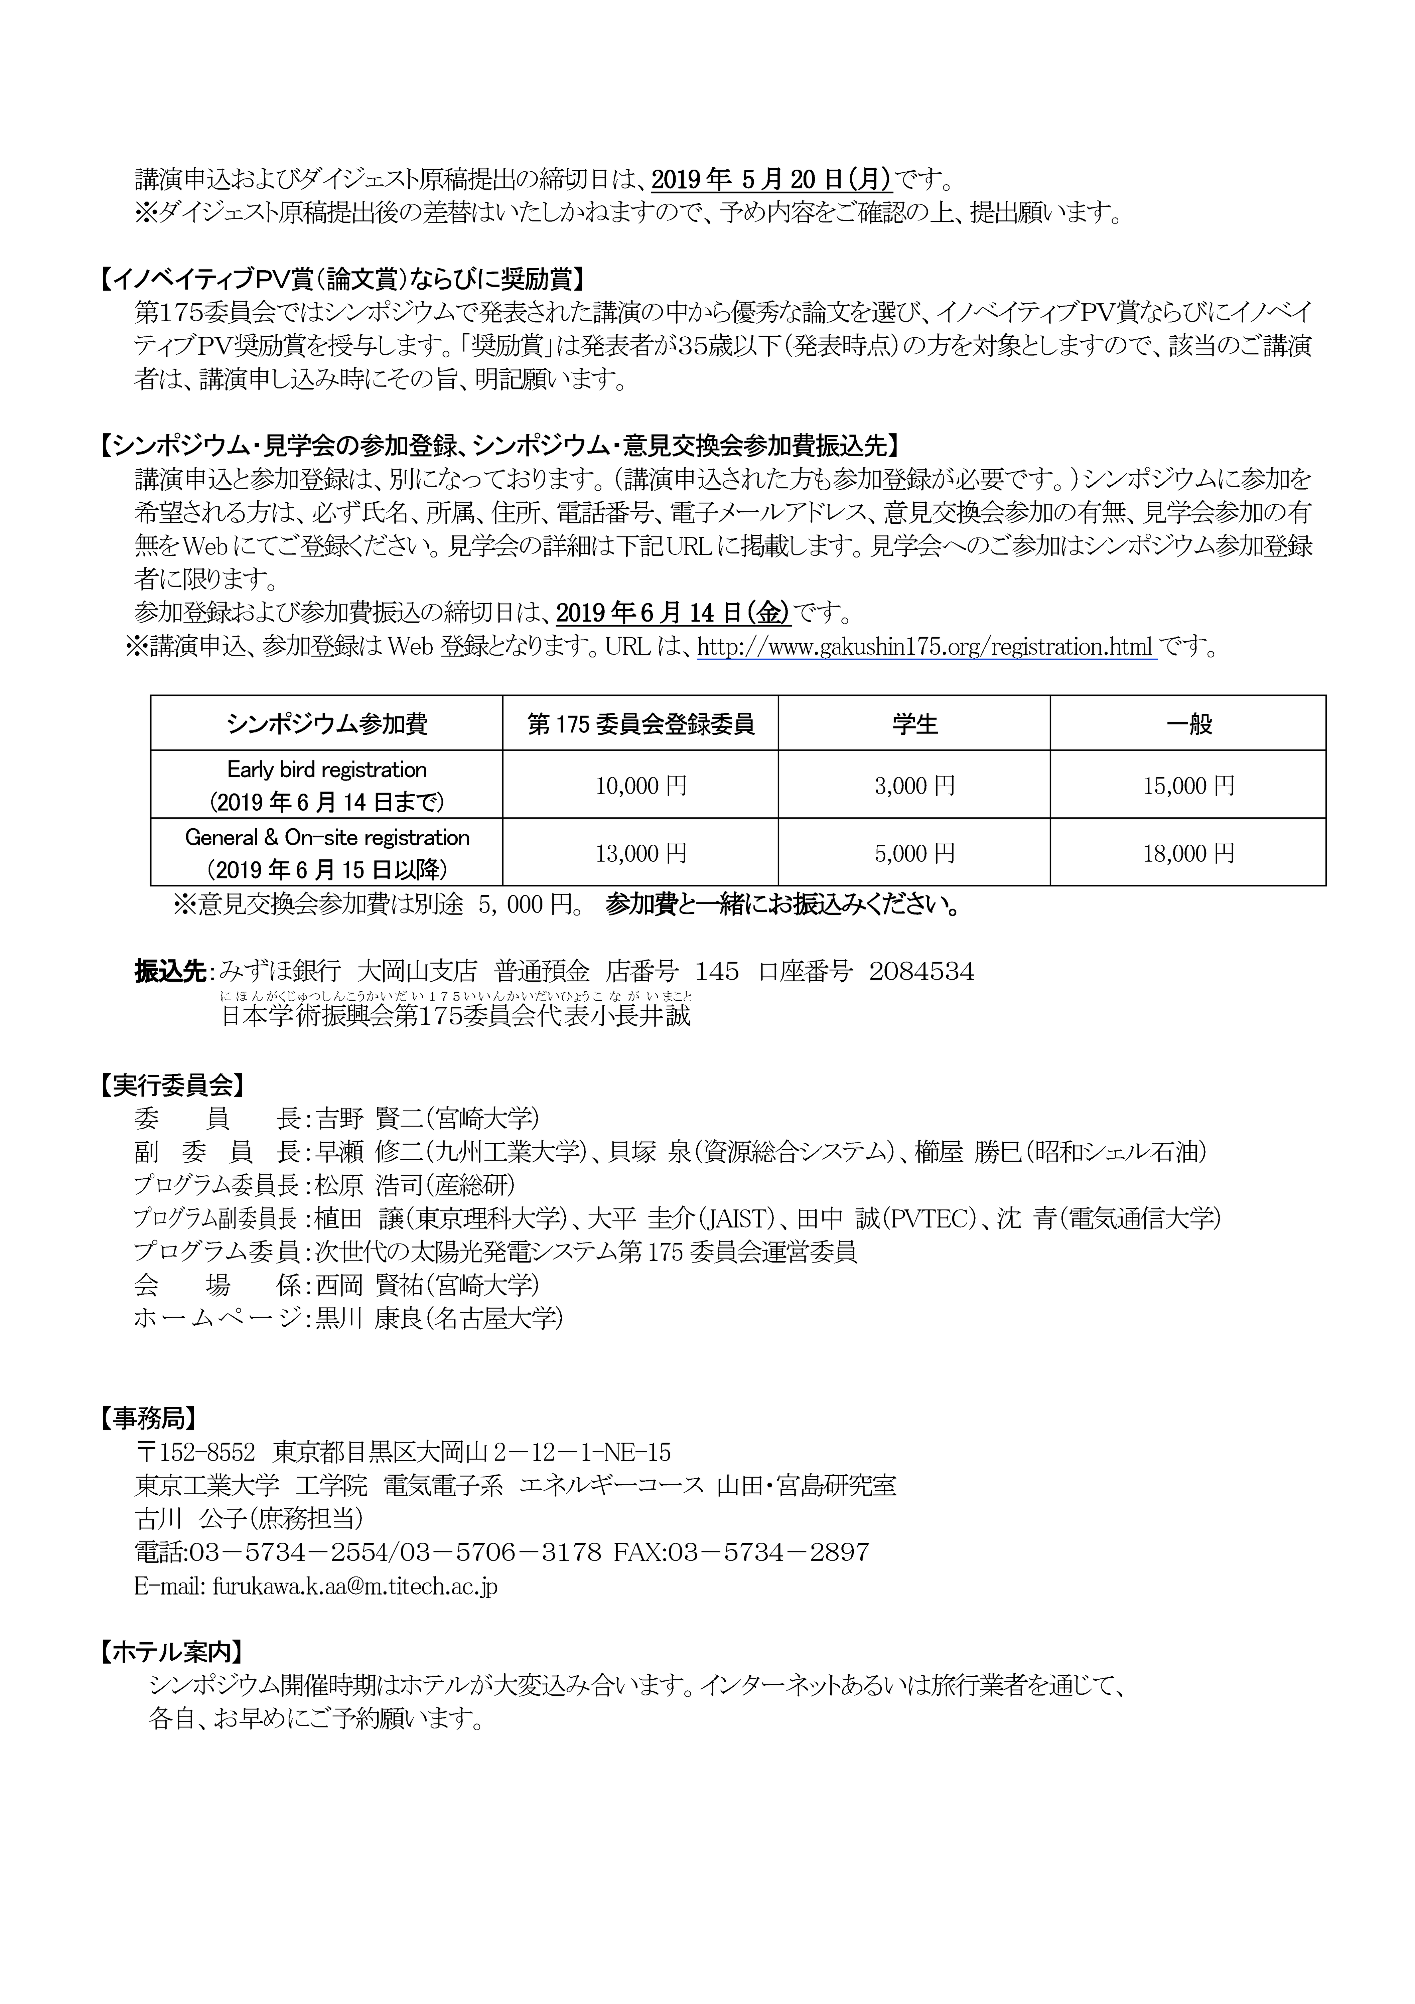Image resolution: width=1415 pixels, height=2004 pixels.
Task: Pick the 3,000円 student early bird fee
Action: click(x=914, y=786)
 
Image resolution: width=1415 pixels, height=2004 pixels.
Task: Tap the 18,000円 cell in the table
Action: click(x=1188, y=853)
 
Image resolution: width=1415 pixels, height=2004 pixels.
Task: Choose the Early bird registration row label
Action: click(x=326, y=770)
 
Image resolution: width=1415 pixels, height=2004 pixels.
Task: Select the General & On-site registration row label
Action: click(x=326, y=838)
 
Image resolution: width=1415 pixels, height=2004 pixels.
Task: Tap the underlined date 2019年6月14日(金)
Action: click(x=672, y=613)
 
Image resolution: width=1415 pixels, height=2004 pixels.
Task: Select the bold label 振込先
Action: click(x=170, y=971)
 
